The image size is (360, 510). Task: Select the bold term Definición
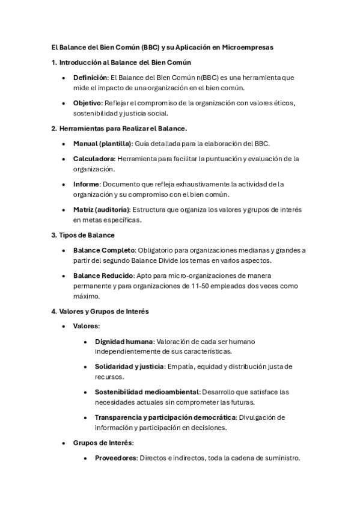point(90,78)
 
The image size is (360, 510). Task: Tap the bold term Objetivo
point(87,103)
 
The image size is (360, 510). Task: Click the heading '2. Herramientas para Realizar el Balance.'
point(119,128)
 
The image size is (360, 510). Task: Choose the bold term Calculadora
point(94,159)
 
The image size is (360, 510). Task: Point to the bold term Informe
point(85,184)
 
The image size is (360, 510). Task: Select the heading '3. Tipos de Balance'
point(83,235)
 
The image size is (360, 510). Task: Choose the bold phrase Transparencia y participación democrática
point(165,417)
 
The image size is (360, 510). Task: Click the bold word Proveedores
point(116,458)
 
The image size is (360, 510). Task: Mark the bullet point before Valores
point(64,326)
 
